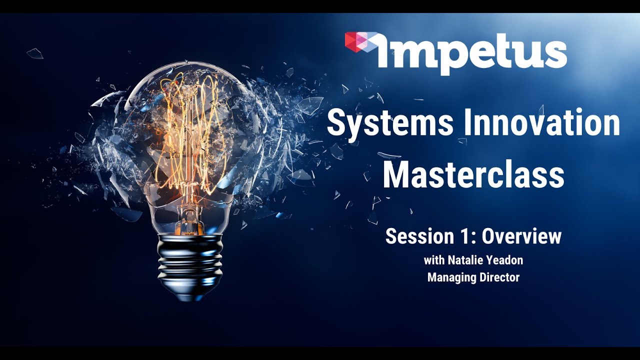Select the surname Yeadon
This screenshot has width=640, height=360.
[x=505, y=260]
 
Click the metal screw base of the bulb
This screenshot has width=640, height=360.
[x=189, y=260]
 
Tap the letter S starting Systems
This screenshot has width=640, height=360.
[x=337, y=124]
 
